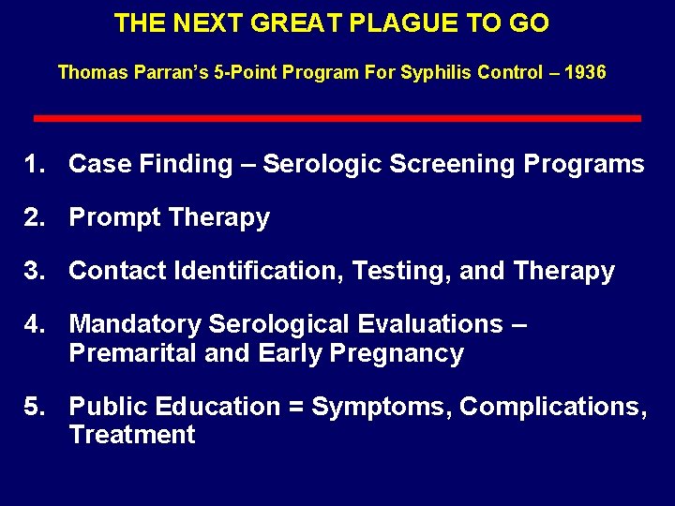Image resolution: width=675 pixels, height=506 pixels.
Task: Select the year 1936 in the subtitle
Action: (585, 72)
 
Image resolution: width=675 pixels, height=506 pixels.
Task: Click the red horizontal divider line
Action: (337, 119)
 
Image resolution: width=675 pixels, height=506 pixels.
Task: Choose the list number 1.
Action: (36, 164)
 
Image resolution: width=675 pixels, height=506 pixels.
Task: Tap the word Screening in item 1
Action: (452, 164)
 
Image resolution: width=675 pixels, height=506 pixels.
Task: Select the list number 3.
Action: (36, 271)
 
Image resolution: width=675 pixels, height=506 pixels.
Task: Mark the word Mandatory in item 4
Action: (135, 324)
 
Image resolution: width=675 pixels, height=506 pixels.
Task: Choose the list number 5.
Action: (36, 407)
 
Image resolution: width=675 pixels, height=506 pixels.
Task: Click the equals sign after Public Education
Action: (294, 407)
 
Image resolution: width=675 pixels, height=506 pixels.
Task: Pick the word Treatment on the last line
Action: (132, 435)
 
